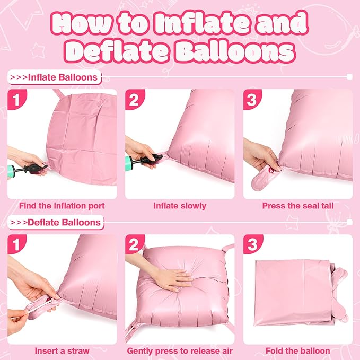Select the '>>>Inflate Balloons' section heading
click(55, 77)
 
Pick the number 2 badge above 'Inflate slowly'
click(135, 100)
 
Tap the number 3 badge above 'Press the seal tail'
click(253, 100)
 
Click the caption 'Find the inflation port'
click(62, 205)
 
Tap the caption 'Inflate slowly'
click(180, 205)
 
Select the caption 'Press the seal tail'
click(298, 205)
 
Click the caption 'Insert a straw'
click(62, 350)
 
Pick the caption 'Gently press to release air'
click(180, 350)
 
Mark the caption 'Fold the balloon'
click(298, 350)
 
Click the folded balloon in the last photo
click(294, 297)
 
